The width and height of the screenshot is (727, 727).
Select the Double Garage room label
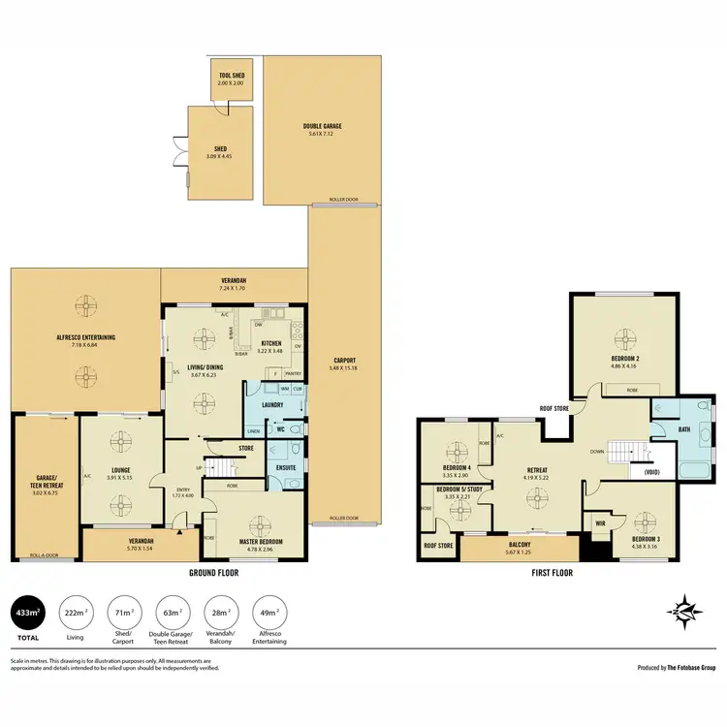pos(322,126)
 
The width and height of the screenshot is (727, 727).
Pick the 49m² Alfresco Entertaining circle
pos(269,614)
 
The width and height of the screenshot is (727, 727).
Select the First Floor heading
pos(552,573)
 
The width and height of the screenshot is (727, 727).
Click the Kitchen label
pos(271,343)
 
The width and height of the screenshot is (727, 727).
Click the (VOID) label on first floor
pos(646,473)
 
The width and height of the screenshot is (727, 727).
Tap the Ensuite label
pos(286,467)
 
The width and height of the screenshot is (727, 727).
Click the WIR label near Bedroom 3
pos(600,522)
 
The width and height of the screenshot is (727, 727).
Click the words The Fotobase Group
pos(692,668)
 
